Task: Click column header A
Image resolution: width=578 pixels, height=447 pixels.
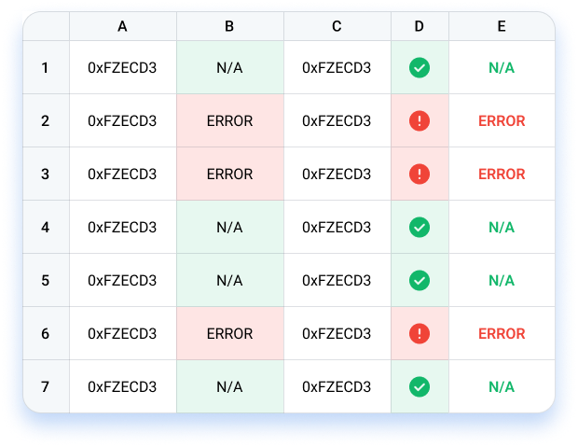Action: tap(122, 26)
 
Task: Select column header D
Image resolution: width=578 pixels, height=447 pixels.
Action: tap(420, 26)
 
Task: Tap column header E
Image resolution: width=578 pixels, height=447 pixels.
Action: tap(502, 26)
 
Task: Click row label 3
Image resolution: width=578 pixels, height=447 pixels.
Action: tap(46, 174)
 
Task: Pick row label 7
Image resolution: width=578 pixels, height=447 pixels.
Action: tap(46, 386)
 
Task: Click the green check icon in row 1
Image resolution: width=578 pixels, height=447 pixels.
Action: tap(420, 67)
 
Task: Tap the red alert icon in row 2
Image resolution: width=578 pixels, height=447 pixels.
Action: tap(420, 120)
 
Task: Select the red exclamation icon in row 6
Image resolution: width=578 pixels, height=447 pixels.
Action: tap(420, 333)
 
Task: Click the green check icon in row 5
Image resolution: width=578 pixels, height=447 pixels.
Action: tap(420, 280)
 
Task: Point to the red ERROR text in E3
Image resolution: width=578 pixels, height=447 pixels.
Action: tap(502, 174)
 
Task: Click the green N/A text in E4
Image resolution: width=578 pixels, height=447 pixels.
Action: tap(502, 227)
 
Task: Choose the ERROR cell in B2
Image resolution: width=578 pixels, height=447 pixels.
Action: tap(230, 120)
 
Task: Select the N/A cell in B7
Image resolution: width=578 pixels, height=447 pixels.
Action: tap(230, 386)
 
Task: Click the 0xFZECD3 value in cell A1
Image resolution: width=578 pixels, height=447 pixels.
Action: tap(122, 67)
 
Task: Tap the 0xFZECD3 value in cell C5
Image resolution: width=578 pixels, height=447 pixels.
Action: tap(337, 280)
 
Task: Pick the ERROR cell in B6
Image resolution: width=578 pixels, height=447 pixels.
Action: tap(230, 333)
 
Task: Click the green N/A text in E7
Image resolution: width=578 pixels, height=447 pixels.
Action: tap(502, 386)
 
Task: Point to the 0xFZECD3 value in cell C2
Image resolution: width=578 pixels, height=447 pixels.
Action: tap(337, 120)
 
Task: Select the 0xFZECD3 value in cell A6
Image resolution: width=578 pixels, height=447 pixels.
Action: tap(122, 333)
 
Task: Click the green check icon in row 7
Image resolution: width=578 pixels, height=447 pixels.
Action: tap(420, 386)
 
